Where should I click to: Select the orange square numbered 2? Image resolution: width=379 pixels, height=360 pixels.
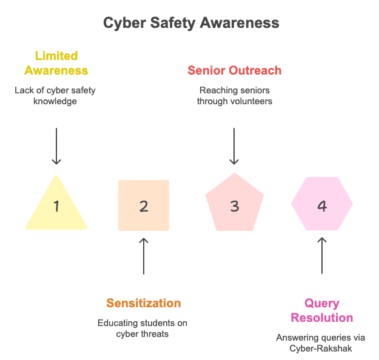coord(144,205)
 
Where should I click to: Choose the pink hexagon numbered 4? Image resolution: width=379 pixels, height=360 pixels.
coord(322,205)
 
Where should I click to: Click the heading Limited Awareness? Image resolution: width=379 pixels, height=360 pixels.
coord(56,63)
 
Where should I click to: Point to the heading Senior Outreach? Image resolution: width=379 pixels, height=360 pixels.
coord(235,70)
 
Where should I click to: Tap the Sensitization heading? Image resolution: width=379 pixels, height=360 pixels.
coord(144,303)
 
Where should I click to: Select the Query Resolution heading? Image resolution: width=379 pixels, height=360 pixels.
coord(322,310)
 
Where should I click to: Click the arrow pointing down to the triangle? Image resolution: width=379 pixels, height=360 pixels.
coord(56,145)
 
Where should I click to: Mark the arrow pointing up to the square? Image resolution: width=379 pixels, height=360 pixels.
coord(144,256)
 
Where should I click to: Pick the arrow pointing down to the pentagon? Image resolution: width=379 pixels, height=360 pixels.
coord(235,145)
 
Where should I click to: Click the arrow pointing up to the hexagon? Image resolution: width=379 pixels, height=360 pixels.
coord(322,256)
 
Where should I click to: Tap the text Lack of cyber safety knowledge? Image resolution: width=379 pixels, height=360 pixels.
coord(55,96)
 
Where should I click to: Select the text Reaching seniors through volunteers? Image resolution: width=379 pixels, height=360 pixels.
coord(235,96)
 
